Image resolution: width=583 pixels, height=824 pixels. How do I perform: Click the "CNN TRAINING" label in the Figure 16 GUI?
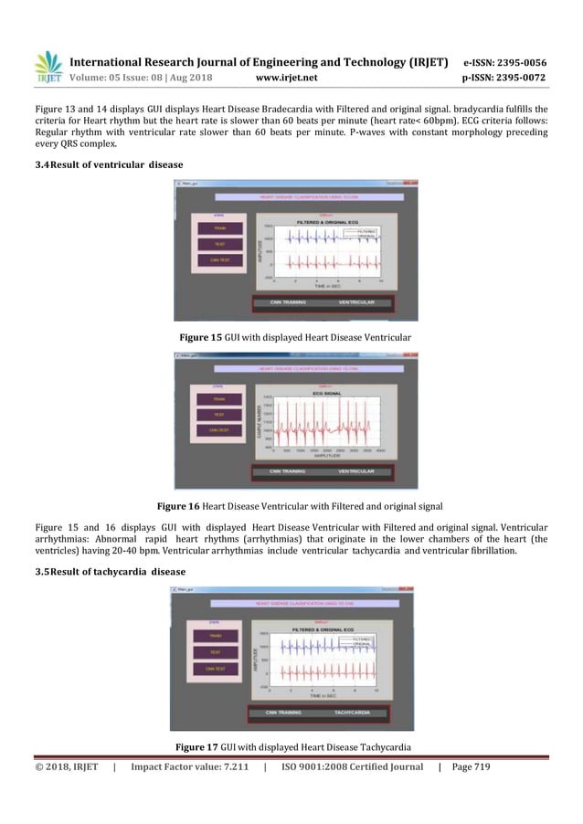pyautogui.click(x=281, y=471)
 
